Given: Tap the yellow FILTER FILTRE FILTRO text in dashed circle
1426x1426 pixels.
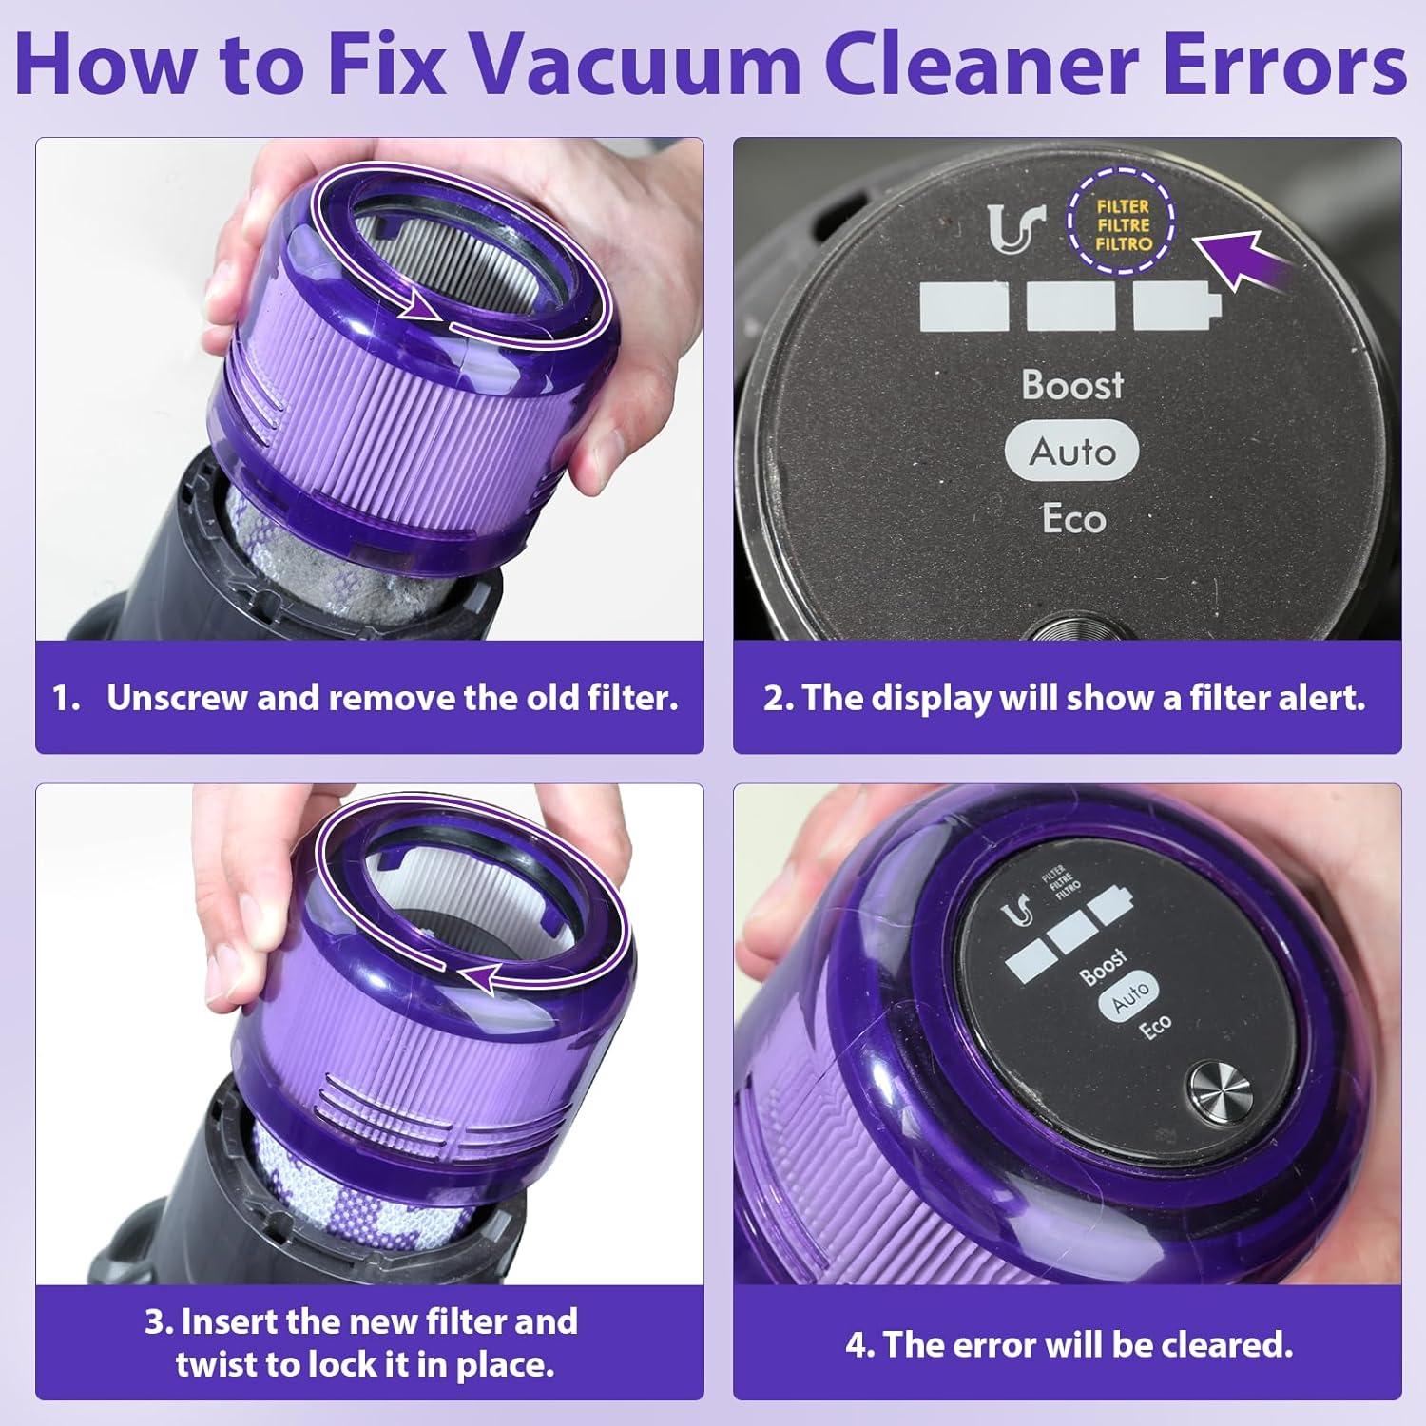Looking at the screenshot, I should [x=1123, y=225].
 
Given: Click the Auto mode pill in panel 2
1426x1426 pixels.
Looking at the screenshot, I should [x=1072, y=452].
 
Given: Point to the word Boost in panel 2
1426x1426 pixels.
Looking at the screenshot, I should [x=1072, y=385].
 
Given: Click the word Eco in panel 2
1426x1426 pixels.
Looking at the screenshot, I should [x=1073, y=519].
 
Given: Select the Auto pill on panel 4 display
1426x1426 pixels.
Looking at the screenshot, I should [x=1129, y=997].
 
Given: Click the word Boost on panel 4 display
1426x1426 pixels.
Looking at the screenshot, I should [x=1103, y=967].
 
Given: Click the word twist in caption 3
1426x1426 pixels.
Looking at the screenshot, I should [x=218, y=1365].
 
